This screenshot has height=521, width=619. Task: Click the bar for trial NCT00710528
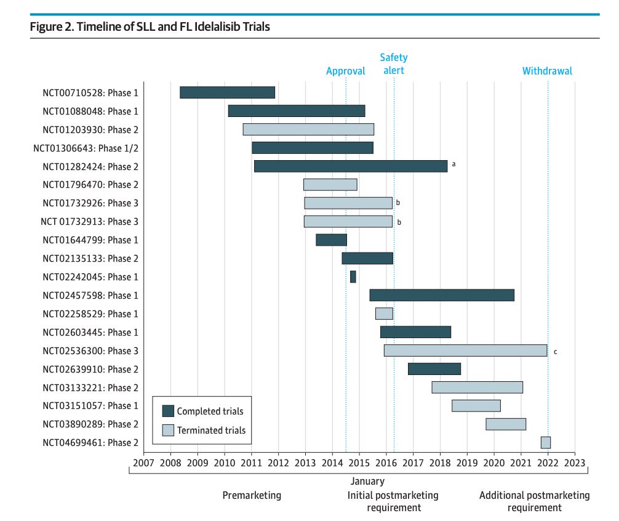pos(227,92)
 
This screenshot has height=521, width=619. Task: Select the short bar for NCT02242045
pos(353,277)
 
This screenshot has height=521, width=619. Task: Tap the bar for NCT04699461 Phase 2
pos(545,442)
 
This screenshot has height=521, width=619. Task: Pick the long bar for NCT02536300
pos(465,350)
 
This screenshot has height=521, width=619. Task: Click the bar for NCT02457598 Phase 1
pos(441,295)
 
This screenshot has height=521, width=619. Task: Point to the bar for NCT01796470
pos(330,185)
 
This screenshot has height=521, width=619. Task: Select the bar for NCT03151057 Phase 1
pos(476,405)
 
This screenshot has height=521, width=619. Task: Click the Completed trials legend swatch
pos(168,411)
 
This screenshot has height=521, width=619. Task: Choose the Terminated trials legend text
pos(211,430)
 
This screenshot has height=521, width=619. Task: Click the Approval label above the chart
pos(345,71)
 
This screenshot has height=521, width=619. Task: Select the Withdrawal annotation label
pos(547,71)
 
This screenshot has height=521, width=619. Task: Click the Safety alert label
pos(394,64)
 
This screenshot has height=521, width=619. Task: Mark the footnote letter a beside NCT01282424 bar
pos(453,164)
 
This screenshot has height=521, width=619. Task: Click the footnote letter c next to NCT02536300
pos(555,352)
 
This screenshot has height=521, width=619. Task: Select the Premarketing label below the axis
pos(252,495)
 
